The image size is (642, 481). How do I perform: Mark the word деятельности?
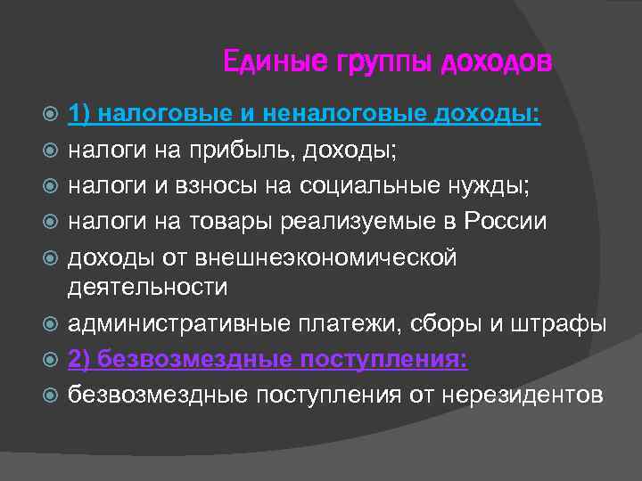pos(147,287)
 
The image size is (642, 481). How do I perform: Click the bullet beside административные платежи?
pos(53,324)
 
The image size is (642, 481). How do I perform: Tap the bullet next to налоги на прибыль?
pos(53,151)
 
